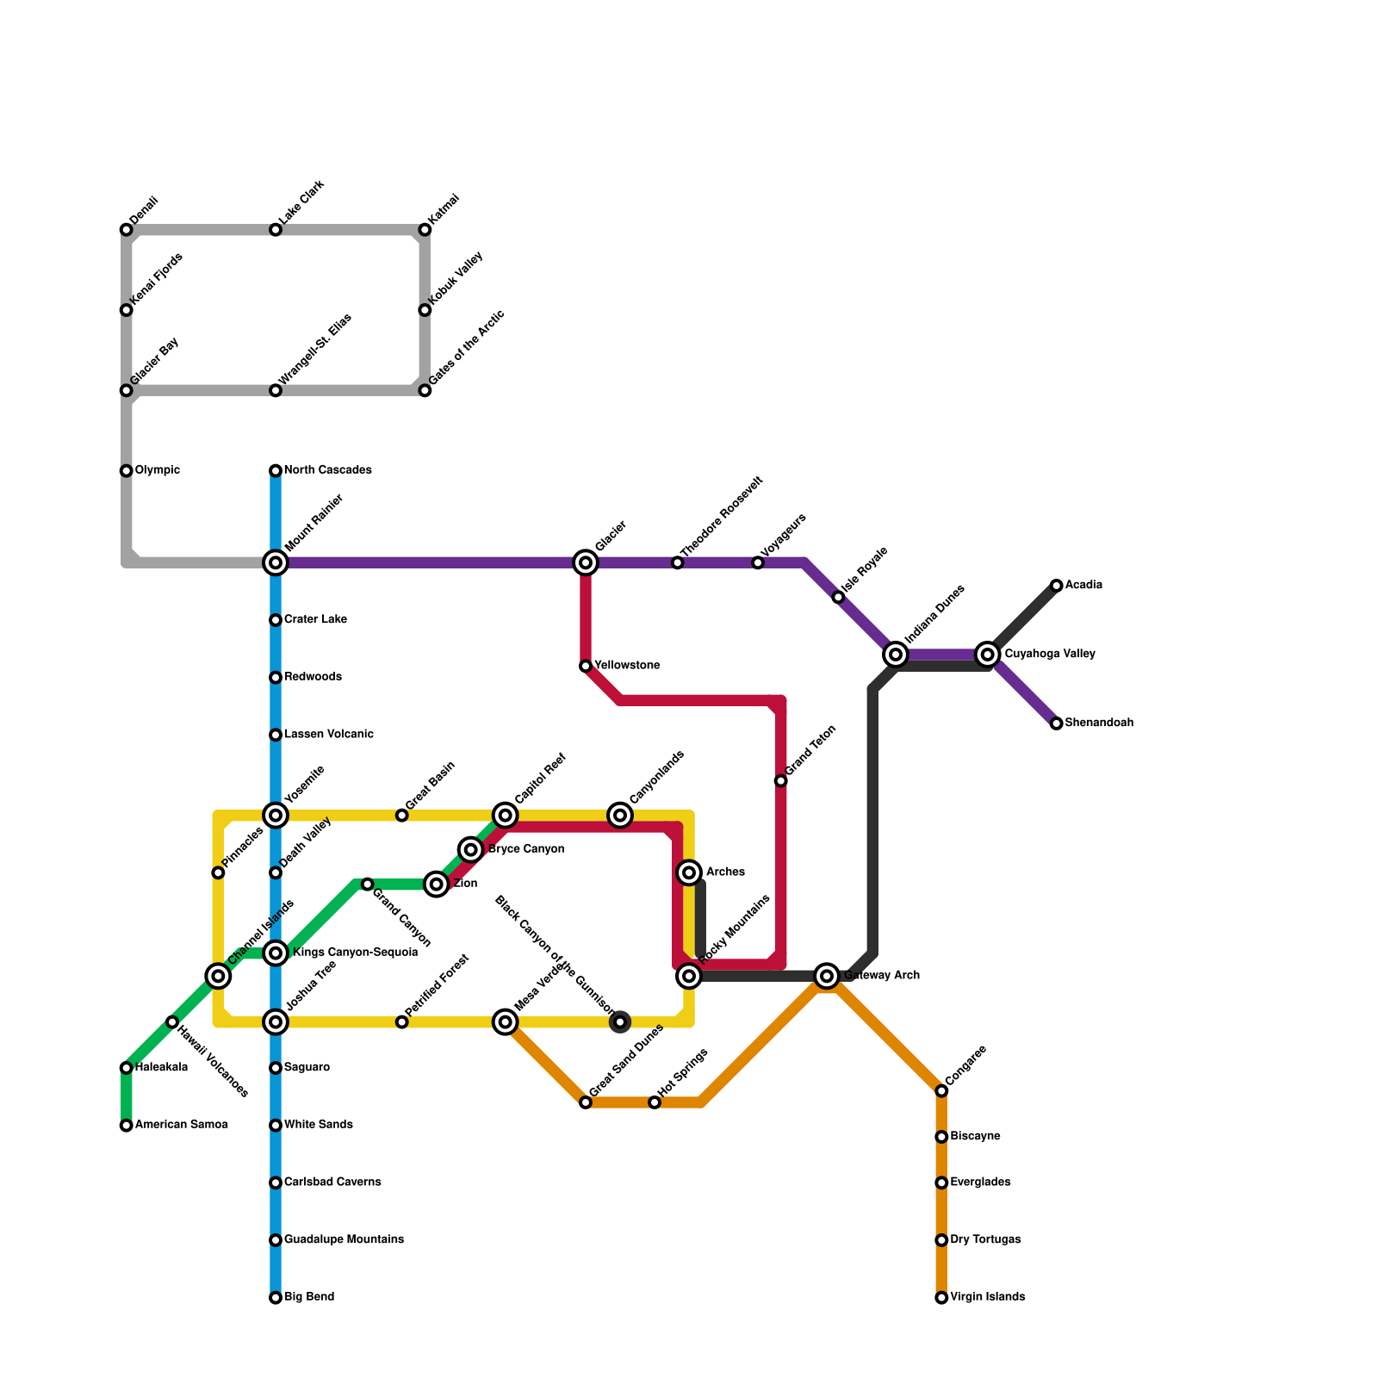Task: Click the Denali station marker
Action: click(127, 230)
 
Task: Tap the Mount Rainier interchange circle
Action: click(276, 563)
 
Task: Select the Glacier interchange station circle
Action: click(586, 563)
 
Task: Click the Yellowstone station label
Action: click(627, 666)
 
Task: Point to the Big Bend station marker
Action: click(276, 1298)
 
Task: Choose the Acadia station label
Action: click(1083, 586)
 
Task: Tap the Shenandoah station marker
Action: click(1057, 723)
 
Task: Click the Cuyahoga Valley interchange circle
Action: click(988, 655)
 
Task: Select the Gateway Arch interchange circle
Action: click(827, 976)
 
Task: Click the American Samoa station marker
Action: click(127, 1126)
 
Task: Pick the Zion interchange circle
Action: click(438, 885)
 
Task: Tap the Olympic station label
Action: click(158, 470)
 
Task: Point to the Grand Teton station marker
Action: click(781, 781)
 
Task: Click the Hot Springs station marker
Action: click(655, 1102)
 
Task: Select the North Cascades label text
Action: click(327, 470)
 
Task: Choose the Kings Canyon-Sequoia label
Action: click(355, 953)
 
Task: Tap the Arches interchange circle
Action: click(689, 872)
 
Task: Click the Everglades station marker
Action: click(941, 1182)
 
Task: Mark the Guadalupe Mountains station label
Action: click(344, 1240)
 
